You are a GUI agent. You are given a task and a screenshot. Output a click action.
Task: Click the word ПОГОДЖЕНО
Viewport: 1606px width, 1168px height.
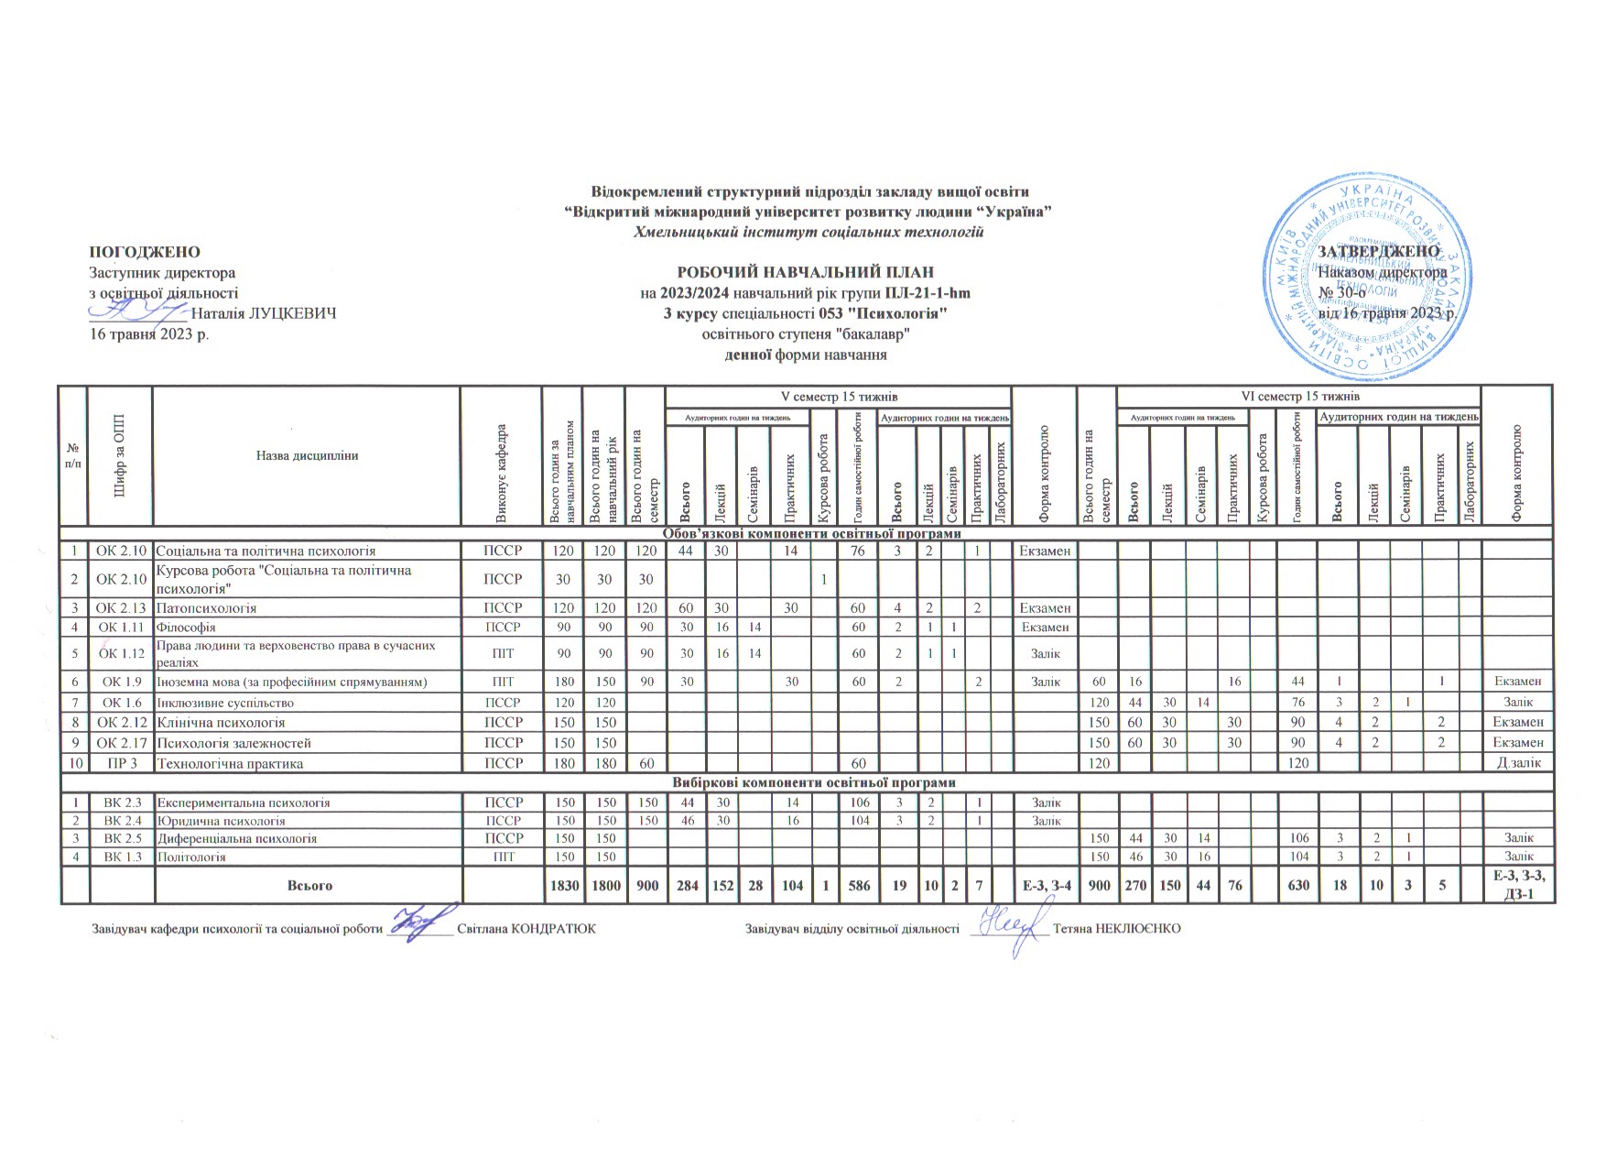(144, 252)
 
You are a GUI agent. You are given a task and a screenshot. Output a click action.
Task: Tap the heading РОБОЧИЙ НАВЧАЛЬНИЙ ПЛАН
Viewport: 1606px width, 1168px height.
(805, 272)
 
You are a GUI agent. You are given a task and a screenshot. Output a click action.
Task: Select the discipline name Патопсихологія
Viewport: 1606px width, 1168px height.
(206, 608)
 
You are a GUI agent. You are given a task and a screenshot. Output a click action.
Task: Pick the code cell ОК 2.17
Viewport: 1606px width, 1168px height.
(122, 743)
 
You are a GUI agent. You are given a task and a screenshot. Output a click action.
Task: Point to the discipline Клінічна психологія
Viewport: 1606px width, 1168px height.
(221, 723)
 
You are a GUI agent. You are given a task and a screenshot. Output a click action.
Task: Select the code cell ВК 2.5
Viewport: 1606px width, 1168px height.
(122, 838)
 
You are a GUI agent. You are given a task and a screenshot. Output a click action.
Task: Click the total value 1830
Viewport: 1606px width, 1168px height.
(563, 886)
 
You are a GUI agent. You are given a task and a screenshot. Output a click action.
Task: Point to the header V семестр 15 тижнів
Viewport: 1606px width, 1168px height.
(838, 397)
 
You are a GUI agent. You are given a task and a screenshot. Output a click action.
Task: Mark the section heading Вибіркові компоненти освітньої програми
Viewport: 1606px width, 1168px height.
(814, 782)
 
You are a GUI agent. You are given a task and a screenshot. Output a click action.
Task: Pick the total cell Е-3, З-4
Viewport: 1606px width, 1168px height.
(1045, 886)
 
